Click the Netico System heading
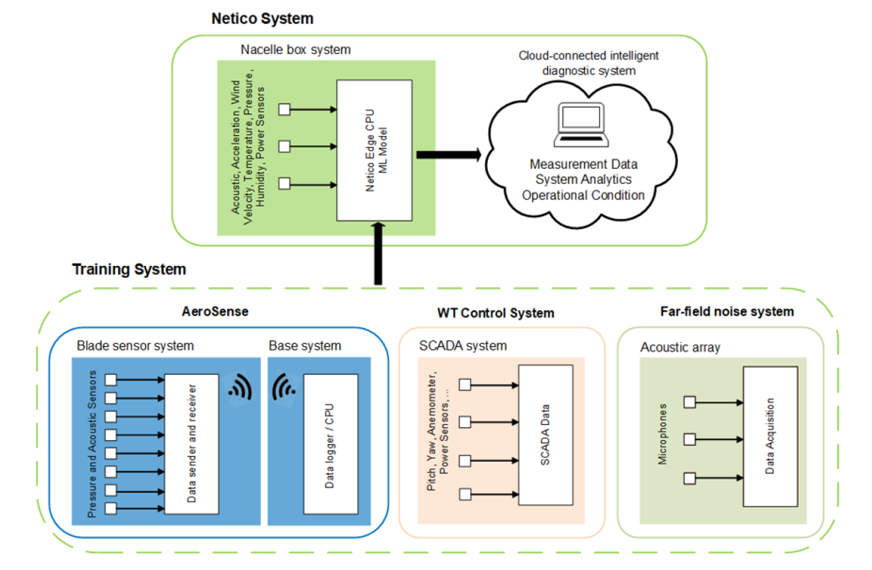(x=262, y=18)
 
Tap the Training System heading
(x=129, y=269)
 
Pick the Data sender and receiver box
(x=191, y=443)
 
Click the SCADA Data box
(x=545, y=435)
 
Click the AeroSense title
(x=215, y=311)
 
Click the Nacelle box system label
(x=295, y=50)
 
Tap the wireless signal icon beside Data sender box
(x=240, y=386)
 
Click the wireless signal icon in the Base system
(x=284, y=386)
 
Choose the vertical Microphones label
(x=662, y=434)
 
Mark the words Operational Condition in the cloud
(x=583, y=195)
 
